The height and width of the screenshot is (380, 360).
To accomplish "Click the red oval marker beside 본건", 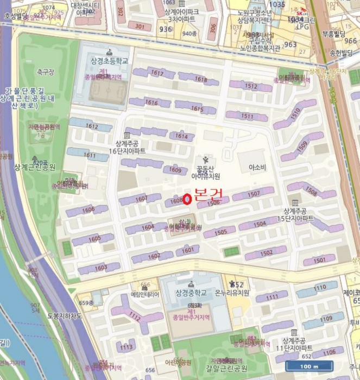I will click(187, 200).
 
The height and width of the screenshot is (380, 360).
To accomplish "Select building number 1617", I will click(157, 73).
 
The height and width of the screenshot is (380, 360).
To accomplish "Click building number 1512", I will click(251, 86).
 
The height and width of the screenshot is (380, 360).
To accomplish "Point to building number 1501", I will click(320, 260).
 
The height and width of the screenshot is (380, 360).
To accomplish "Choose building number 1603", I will click(100, 268).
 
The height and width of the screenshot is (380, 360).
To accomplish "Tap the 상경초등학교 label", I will click(110, 61).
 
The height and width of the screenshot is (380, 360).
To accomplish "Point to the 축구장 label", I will click(47, 71).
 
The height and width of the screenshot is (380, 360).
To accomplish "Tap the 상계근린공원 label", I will click(35, 167).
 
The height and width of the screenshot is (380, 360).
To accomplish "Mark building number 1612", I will click(91, 126).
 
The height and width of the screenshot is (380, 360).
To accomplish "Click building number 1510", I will click(295, 114).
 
